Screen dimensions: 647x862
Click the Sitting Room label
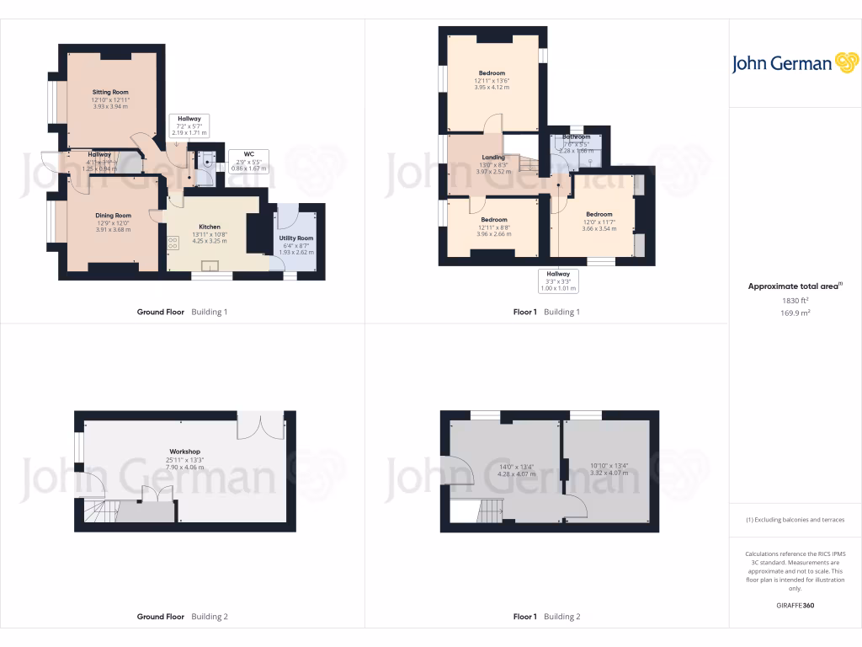click(110, 92)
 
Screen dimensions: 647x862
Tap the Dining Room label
click(113, 216)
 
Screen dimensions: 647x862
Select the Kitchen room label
click(209, 227)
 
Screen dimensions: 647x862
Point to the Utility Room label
click(296, 239)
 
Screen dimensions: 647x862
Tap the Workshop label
click(185, 452)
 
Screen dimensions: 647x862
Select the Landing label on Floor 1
click(493, 158)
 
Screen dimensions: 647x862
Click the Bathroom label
click(577, 136)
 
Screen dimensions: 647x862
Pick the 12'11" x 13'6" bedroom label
click(492, 73)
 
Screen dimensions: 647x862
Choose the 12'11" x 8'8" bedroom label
click(493, 220)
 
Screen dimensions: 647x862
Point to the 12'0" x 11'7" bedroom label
click(599, 214)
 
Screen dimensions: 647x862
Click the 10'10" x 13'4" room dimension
click(608, 466)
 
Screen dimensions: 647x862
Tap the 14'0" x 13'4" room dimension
click(516, 466)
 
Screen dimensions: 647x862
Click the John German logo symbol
click(845, 62)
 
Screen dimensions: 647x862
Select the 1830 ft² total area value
click(795, 300)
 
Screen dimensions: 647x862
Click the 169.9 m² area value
click(795, 313)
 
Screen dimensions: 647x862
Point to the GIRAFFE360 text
click(795, 605)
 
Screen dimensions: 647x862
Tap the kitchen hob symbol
click(173, 242)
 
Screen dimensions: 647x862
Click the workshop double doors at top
click(256, 425)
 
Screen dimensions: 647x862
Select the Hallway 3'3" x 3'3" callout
click(558, 281)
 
